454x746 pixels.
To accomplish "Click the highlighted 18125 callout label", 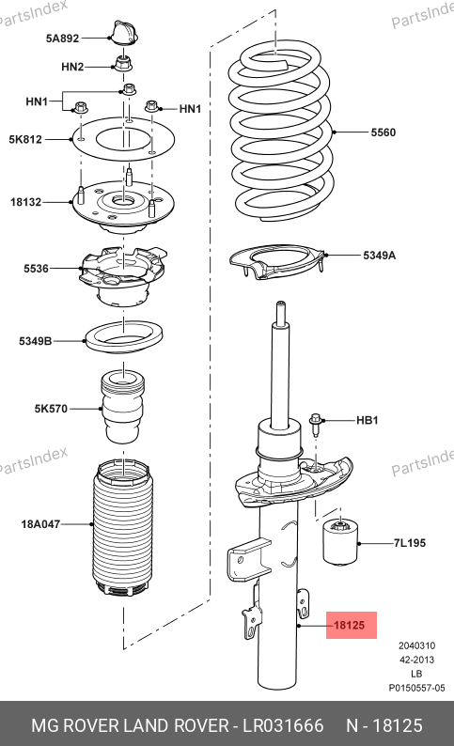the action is (351, 625).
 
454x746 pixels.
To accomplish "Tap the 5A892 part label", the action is (62, 39).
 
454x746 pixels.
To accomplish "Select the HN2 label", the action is (72, 67).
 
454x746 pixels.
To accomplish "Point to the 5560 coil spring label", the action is (384, 132).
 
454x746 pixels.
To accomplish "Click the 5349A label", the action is (380, 256).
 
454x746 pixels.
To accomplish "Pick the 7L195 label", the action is (409, 543).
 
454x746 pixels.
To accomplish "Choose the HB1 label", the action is (368, 420).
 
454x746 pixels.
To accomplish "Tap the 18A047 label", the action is (40, 524).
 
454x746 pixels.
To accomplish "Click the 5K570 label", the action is (51, 409).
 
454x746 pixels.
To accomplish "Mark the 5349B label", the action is (35, 341).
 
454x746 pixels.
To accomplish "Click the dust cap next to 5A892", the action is (124, 33).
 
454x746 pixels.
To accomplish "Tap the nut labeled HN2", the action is (124, 63).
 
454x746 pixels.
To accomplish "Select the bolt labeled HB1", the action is (315, 424).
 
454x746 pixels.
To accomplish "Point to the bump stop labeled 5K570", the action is (123, 408).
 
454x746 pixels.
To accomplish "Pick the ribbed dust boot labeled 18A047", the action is (123, 527).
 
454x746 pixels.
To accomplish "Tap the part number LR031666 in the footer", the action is (284, 725).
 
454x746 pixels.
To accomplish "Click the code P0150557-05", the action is (417, 688).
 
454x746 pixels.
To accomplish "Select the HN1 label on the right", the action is (191, 109).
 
